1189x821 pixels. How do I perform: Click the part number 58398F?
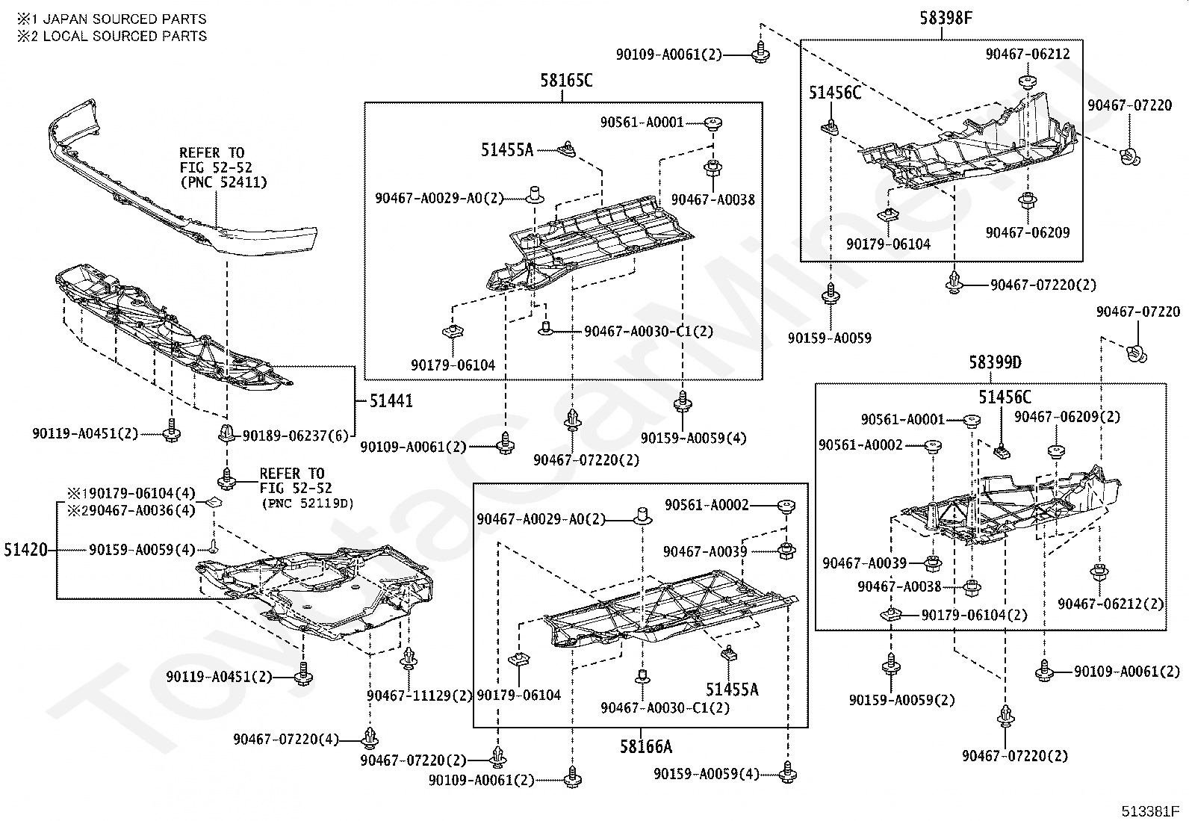click(946, 18)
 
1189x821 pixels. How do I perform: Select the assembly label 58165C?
click(566, 81)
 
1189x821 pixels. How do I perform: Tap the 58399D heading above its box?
click(996, 363)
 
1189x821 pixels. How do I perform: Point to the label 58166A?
click(646, 746)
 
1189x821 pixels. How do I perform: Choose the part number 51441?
click(391, 401)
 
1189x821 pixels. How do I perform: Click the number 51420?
click(26, 550)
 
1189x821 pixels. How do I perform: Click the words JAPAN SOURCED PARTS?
click(125, 19)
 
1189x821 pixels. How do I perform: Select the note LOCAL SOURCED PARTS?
click(125, 36)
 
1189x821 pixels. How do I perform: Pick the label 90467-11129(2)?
click(419, 695)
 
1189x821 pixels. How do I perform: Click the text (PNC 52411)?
click(223, 183)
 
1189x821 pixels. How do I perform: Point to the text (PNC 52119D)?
click(308, 504)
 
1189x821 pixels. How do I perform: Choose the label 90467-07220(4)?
click(286, 740)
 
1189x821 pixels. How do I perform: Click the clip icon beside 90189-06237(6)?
click(226, 433)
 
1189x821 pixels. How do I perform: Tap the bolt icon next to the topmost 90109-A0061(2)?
click(761, 52)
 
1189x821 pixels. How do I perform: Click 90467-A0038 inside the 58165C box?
click(713, 199)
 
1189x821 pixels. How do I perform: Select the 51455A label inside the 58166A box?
click(732, 690)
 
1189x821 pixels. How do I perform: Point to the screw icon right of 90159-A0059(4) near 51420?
click(214, 546)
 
